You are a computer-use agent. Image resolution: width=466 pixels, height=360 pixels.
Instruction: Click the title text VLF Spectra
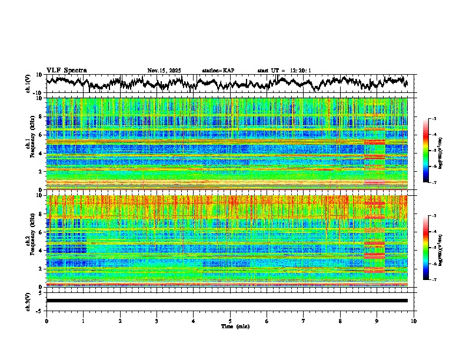(x=66, y=70)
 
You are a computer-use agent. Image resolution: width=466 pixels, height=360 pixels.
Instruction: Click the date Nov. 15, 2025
(x=164, y=71)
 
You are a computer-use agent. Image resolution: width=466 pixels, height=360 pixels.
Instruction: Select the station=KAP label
(x=218, y=71)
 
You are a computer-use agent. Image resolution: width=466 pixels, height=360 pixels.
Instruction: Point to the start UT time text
(x=284, y=71)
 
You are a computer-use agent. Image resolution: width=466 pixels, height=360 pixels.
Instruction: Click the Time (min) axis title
(x=230, y=326)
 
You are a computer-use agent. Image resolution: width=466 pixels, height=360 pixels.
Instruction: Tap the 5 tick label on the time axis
(x=230, y=321)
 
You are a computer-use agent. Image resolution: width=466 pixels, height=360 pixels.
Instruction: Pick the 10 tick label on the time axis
(x=414, y=321)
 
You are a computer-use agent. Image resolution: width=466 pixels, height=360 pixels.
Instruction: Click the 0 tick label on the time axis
(x=46, y=321)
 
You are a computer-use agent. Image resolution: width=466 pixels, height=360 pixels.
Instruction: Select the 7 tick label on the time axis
(x=304, y=321)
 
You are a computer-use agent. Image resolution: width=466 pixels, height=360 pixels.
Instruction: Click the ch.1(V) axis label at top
(x=28, y=84)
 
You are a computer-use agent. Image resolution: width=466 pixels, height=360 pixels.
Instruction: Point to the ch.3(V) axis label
(x=28, y=300)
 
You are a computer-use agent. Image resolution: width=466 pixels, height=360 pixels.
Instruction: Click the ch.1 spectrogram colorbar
(x=431, y=151)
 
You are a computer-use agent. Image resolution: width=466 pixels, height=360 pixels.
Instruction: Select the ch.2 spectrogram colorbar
(x=431, y=248)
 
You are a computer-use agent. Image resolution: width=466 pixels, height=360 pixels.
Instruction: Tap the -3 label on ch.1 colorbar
(x=434, y=119)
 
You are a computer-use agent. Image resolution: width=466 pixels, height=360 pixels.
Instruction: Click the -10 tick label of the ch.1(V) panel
(x=38, y=93)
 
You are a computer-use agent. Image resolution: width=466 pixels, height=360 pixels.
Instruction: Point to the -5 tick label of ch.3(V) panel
(x=39, y=309)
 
